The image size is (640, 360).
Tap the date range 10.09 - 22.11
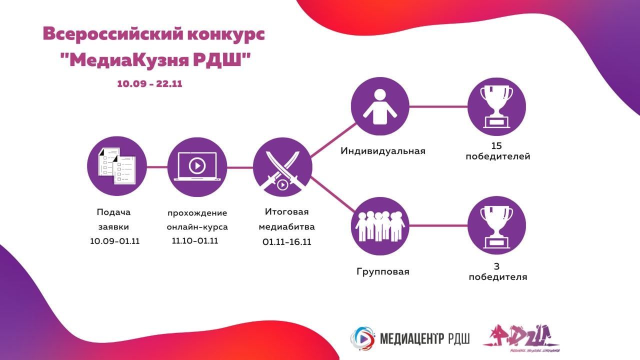point(149,84)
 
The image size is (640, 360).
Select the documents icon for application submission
point(116,166)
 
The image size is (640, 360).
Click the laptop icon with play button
point(197,166)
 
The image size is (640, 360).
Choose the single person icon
point(379,106)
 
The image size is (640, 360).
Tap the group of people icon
point(379,225)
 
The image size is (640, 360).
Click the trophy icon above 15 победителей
point(496,106)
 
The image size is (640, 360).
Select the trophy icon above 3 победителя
point(496,225)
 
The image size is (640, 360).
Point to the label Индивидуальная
point(383,151)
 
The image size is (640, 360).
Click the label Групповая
point(383,272)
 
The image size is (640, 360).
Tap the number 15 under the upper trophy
point(496,146)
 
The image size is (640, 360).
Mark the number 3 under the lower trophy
point(497,266)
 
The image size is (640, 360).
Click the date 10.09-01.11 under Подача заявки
point(114,241)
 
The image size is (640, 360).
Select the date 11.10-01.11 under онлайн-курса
point(195,240)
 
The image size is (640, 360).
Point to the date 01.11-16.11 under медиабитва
point(287,241)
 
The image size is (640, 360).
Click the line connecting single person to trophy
point(438,106)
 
